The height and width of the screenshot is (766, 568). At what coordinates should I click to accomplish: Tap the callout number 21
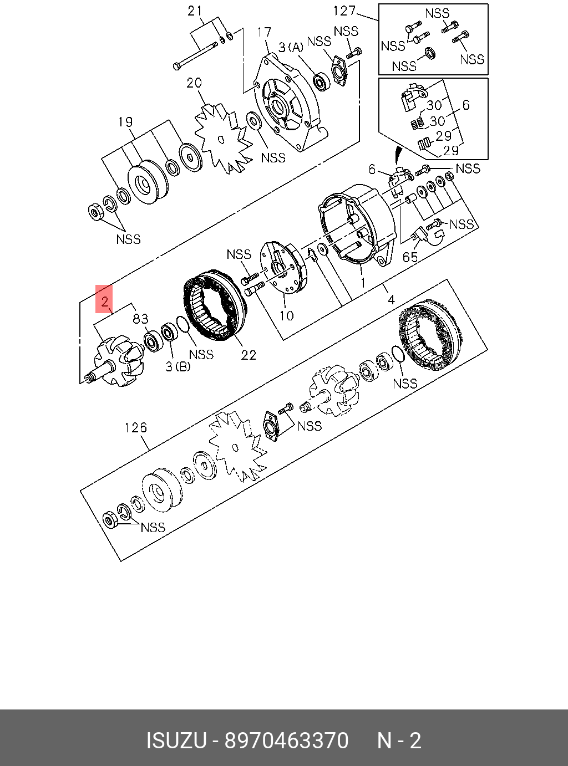(195, 11)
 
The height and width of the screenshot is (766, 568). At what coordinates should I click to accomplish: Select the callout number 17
(264, 33)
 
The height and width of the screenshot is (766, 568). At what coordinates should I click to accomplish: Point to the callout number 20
(194, 83)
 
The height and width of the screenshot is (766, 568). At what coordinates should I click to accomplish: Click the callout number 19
(125, 121)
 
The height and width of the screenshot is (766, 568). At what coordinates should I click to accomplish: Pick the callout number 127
(344, 11)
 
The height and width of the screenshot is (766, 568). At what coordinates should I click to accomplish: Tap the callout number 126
(135, 427)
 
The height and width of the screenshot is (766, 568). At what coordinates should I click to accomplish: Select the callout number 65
(410, 257)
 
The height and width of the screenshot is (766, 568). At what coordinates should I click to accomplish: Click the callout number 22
(248, 355)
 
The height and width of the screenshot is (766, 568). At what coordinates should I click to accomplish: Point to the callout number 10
(286, 315)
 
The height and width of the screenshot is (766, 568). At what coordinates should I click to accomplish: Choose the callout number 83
(140, 319)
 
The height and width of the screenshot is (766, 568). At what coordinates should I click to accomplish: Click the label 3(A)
(291, 48)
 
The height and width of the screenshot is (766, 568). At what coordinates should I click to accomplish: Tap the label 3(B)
(177, 366)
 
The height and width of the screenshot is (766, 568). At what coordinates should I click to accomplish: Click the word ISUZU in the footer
(176, 741)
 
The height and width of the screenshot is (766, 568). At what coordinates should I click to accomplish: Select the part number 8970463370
(286, 741)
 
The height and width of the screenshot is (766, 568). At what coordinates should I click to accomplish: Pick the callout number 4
(391, 300)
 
